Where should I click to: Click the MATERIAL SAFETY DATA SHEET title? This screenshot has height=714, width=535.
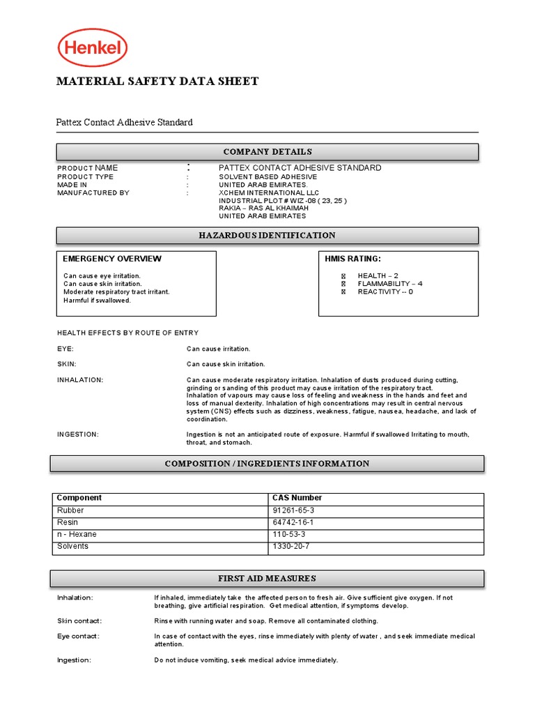pyautogui.click(x=157, y=82)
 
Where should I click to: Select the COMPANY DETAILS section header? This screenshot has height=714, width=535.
pyautogui.click(x=267, y=152)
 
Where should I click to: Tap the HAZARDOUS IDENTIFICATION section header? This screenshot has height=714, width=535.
pyautogui.click(x=267, y=236)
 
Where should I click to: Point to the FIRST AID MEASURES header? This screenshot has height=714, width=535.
pyautogui.click(x=267, y=578)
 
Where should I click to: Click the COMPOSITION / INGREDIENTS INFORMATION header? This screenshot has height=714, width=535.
pyautogui.click(x=267, y=464)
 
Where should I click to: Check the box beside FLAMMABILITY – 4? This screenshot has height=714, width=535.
pyautogui.click(x=343, y=284)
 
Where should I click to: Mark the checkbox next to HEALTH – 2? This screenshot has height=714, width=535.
pyautogui.click(x=343, y=276)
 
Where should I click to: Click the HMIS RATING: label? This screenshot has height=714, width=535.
pyautogui.click(x=353, y=259)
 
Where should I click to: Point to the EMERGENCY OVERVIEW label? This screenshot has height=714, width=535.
pyautogui.click(x=112, y=259)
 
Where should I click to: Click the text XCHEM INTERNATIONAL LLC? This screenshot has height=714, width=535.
pyautogui.click(x=269, y=192)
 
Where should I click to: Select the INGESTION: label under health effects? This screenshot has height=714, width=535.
pyautogui.click(x=78, y=434)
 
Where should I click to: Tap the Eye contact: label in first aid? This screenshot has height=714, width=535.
pyautogui.click(x=78, y=636)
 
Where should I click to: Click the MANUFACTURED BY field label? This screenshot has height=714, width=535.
pyautogui.click(x=93, y=192)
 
